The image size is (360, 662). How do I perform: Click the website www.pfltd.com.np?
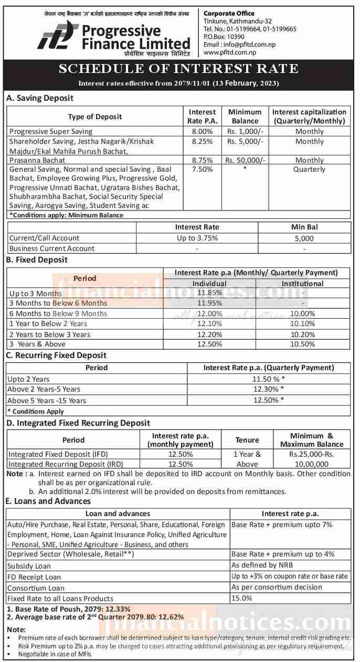point(229,52)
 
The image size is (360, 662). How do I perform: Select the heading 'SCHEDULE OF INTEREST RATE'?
point(178,69)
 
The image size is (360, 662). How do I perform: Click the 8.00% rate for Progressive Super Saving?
point(202,131)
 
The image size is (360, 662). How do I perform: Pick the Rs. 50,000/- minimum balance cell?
point(245,160)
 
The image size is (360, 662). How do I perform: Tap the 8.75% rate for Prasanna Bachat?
point(202,160)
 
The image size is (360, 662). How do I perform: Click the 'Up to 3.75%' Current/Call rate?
point(197,238)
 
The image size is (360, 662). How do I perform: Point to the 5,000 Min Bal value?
point(304,238)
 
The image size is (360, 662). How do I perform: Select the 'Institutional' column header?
point(302,283)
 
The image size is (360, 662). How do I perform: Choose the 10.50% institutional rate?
point(302,344)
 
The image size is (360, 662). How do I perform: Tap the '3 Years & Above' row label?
point(37,344)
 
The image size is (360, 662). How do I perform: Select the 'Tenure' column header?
point(247,440)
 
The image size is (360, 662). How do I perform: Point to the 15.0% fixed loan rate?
point(242,598)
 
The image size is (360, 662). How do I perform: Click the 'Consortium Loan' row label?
point(36,588)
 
